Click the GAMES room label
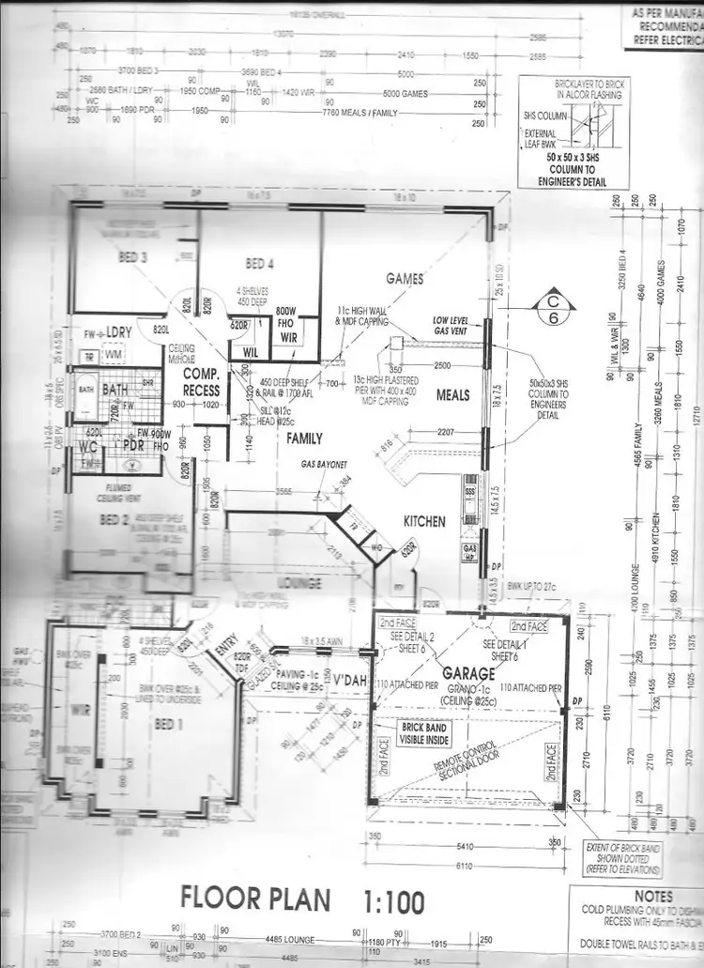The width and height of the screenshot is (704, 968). point(405,279)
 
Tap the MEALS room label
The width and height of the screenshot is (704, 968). point(452,395)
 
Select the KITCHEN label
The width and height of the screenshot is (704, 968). point(424,522)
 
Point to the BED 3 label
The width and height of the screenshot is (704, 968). point(132,257)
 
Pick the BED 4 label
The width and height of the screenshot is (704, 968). point(259,264)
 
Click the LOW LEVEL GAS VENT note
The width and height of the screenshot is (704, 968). point(451,325)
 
